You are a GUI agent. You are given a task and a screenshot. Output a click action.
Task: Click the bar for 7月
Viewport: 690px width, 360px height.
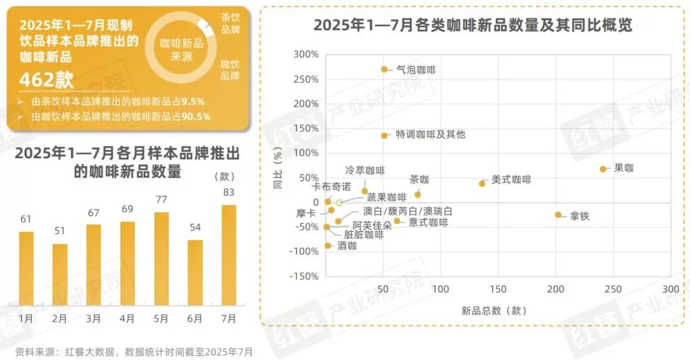(x=228, y=255)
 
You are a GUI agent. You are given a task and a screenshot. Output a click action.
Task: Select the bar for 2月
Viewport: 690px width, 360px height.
(x=59, y=274)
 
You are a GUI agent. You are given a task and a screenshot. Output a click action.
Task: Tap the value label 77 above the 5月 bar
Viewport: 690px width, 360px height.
(x=161, y=200)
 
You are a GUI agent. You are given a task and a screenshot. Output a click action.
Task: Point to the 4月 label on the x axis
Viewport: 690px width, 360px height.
(x=127, y=318)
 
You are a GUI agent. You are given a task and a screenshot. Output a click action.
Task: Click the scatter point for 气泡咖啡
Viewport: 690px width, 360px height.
(x=384, y=70)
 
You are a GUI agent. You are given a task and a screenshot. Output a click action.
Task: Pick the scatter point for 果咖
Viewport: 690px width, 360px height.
(x=603, y=169)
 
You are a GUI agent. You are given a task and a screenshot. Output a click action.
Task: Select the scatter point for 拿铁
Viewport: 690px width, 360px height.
(x=558, y=215)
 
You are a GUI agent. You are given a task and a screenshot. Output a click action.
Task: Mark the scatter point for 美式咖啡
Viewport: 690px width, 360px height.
(x=482, y=184)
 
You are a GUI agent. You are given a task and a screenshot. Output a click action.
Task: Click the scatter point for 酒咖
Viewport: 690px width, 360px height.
(x=328, y=245)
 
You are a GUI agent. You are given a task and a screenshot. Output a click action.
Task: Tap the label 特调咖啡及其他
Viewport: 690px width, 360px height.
(x=431, y=135)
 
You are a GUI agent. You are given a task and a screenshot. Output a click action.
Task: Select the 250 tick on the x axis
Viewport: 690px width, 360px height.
(x=613, y=289)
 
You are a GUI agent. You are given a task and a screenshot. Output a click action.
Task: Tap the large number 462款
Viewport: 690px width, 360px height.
(x=46, y=79)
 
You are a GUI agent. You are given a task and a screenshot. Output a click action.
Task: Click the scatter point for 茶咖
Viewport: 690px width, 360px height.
(x=418, y=194)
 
